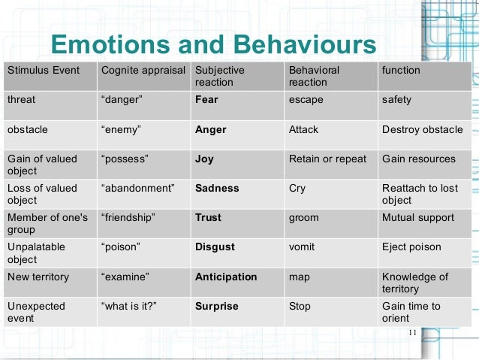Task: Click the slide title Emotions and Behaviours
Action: click(212, 46)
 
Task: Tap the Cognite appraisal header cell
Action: click(143, 71)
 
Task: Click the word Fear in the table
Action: click(206, 100)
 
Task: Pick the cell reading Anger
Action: click(210, 129)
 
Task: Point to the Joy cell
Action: click(204, 159)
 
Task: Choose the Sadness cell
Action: click(217, 189)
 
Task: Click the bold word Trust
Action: click(208, 218)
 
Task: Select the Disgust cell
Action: click(215, 247)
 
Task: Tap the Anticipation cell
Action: click(226, 277)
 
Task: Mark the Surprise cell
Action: click(216, 307)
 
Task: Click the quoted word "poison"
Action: click(123, 247)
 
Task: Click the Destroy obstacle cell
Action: click(422, 129)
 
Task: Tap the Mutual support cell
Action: click(417, 218)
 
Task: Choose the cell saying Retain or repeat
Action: click(327, 159)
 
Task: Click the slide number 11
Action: click(411, 334)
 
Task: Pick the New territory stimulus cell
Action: click(38, 277)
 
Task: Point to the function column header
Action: click(401, 71)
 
